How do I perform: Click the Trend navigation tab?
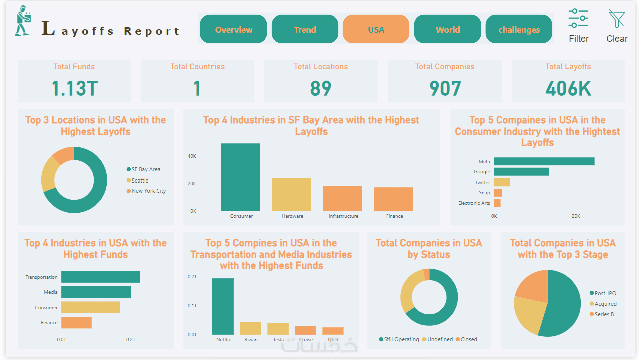coord(305,30)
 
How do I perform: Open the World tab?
coord(448,30)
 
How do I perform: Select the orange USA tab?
coord(376,30)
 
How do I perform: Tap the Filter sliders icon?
coord(578,18)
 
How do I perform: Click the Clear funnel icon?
coord(617,18)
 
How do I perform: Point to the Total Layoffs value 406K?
coord(568,89)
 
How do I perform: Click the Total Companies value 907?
coord(445,89)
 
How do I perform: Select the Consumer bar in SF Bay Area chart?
coord(241,177)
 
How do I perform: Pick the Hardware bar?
coord(292,194)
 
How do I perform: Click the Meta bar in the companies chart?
coord(544,161)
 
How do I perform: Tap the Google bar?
coord(521,172)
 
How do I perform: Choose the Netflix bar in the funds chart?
coord(223,306)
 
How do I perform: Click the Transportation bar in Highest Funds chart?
coord(100,277)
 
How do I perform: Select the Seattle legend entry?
coord(140,181)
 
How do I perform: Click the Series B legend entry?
coord(604,314)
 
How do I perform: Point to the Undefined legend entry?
coord(440,339)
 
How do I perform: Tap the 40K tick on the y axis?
coord(192,156)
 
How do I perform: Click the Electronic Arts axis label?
coord(474,203)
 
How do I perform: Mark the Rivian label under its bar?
coord(251,340)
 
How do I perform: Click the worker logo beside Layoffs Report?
coord(23,21)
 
